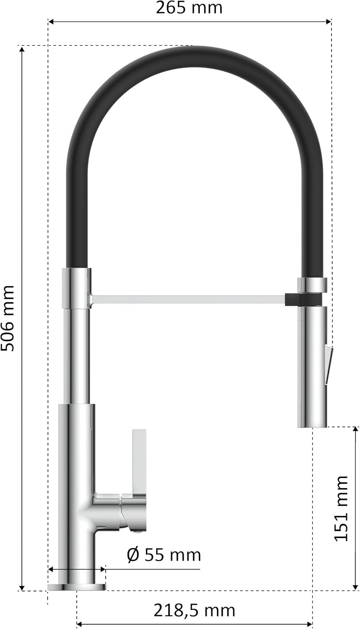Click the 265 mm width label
[189, 8]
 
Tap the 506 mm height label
[8, 318]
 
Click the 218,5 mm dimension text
[194, 609]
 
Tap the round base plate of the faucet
[77, 587]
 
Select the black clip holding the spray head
[303, 300]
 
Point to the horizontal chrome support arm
[188, 299]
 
